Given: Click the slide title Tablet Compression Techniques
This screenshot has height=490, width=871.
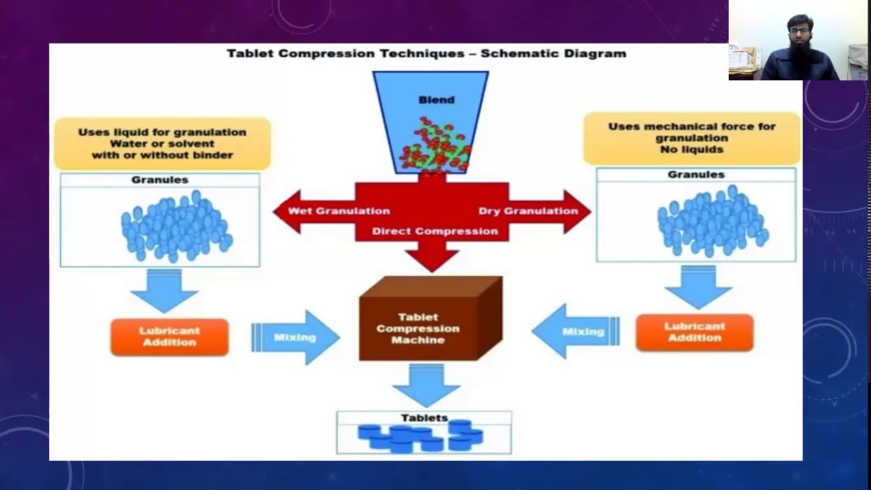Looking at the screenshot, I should click(426, 53).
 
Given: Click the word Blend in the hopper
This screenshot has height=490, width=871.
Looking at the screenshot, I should click(436, 99).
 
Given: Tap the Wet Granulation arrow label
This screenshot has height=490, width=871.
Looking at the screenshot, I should click(338, 211).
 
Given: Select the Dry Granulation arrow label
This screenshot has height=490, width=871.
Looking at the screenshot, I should click(528, 211).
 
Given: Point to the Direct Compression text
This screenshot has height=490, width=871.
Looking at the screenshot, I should click(435, 231).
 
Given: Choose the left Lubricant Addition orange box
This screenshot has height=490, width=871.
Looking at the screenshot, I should click(169, 337).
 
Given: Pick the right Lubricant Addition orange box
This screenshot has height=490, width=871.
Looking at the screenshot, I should click(695, 332).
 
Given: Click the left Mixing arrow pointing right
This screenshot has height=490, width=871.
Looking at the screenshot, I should click(295, 337).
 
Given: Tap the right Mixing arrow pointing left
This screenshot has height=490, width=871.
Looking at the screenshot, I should click(577, 331).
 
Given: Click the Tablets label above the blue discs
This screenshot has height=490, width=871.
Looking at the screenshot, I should click(424, 418).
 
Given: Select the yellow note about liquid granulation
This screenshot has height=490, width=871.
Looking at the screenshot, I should click(162, 144).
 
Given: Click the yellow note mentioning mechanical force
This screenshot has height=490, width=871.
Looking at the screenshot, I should click(691, 137).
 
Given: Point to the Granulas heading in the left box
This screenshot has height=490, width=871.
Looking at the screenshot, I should click(160, 180).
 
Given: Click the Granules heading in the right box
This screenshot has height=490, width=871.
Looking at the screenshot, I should click(695, 174).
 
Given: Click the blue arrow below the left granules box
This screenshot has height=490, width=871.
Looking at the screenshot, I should click(164, 291).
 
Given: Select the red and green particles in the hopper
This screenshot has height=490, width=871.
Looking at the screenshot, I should click(435, 145).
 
